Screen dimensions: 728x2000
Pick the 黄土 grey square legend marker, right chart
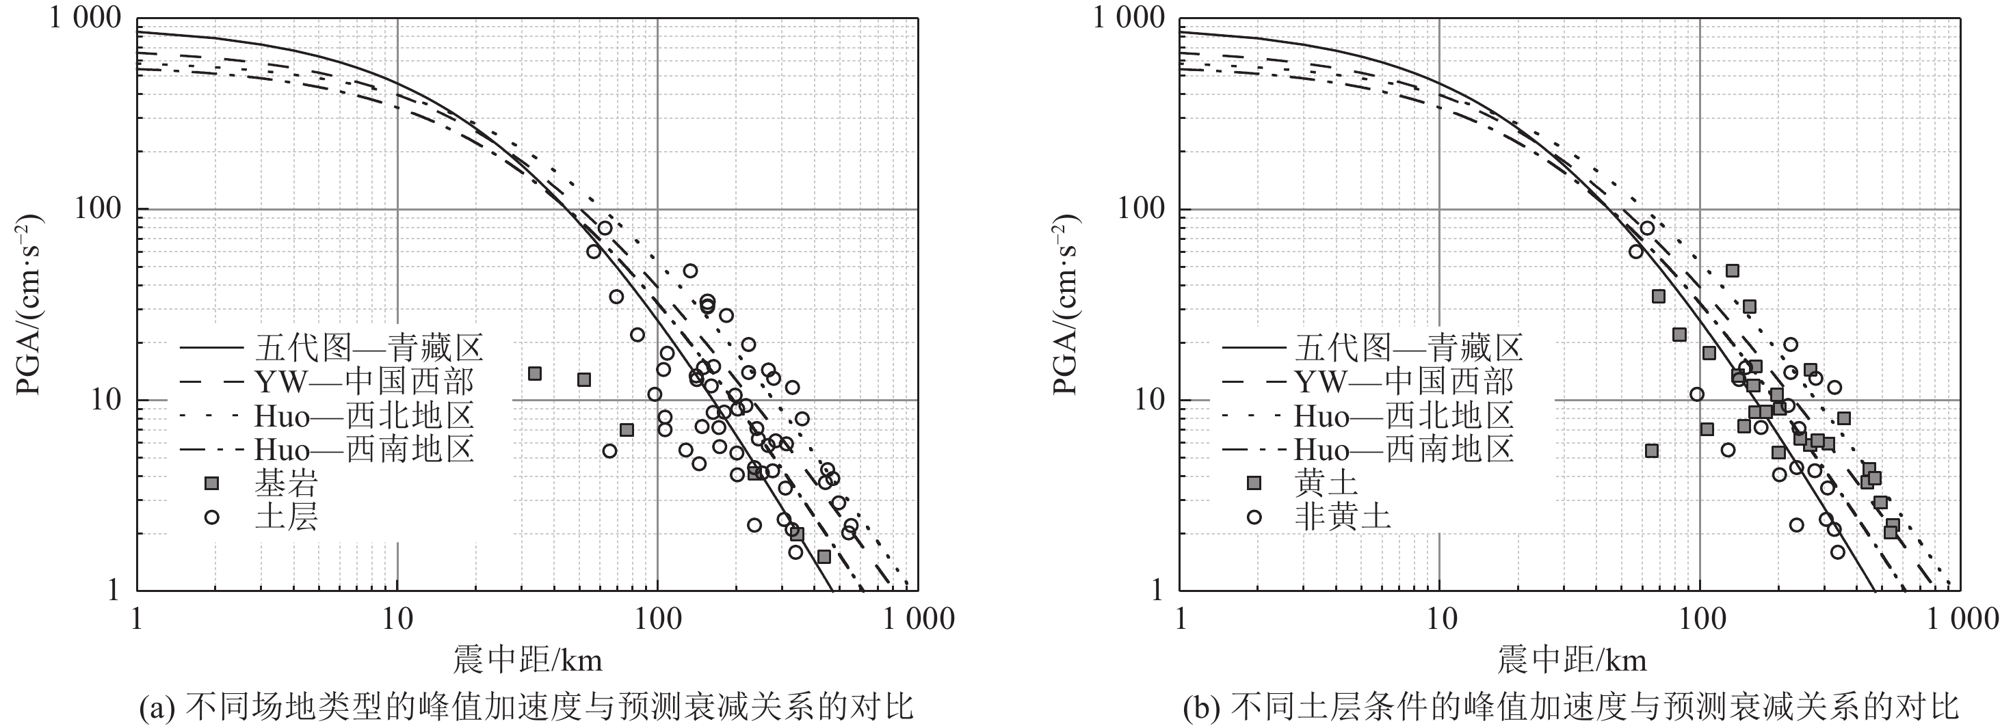1253,483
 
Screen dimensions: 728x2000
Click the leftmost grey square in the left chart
534,373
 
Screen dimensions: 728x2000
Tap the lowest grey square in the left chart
824,556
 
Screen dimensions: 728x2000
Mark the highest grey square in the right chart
1732,270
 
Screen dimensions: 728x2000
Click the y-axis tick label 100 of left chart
98,210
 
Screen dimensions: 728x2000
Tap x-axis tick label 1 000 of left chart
918,619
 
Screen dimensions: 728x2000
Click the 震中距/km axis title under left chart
528,660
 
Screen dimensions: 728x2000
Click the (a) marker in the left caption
152,707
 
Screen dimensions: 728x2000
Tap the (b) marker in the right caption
1197,707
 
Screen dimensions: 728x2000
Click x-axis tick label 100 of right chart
1700,619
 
